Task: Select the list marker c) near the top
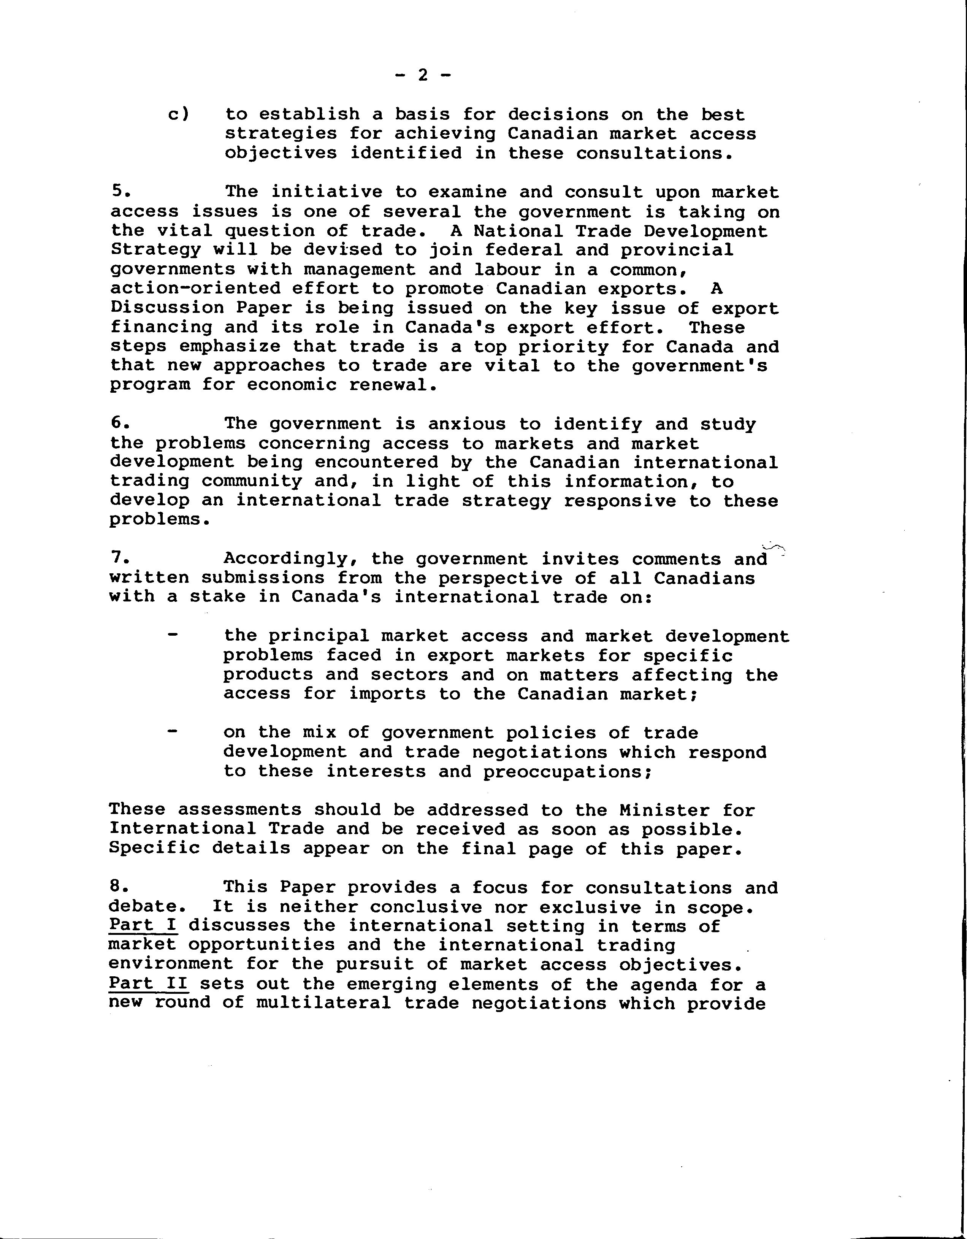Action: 179,114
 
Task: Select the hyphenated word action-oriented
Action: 195,289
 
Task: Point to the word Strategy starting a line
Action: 155,250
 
